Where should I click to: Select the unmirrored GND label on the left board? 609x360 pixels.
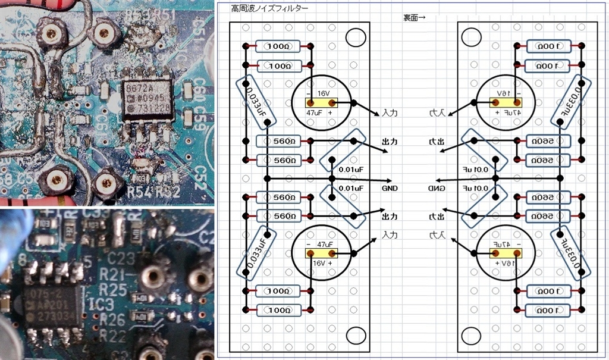(x=390, y=189)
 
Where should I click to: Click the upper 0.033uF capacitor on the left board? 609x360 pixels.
(x=255, y=104)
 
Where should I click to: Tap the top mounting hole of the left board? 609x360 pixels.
(x=355, y=37)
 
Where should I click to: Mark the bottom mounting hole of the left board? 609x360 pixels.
(x=355, y=334)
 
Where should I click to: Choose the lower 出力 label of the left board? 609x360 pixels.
(x=390, y=215)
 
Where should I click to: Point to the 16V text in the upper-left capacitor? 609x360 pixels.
(x=323, y=94)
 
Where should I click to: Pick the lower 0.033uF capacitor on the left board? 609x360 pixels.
(x=255, y=251)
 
